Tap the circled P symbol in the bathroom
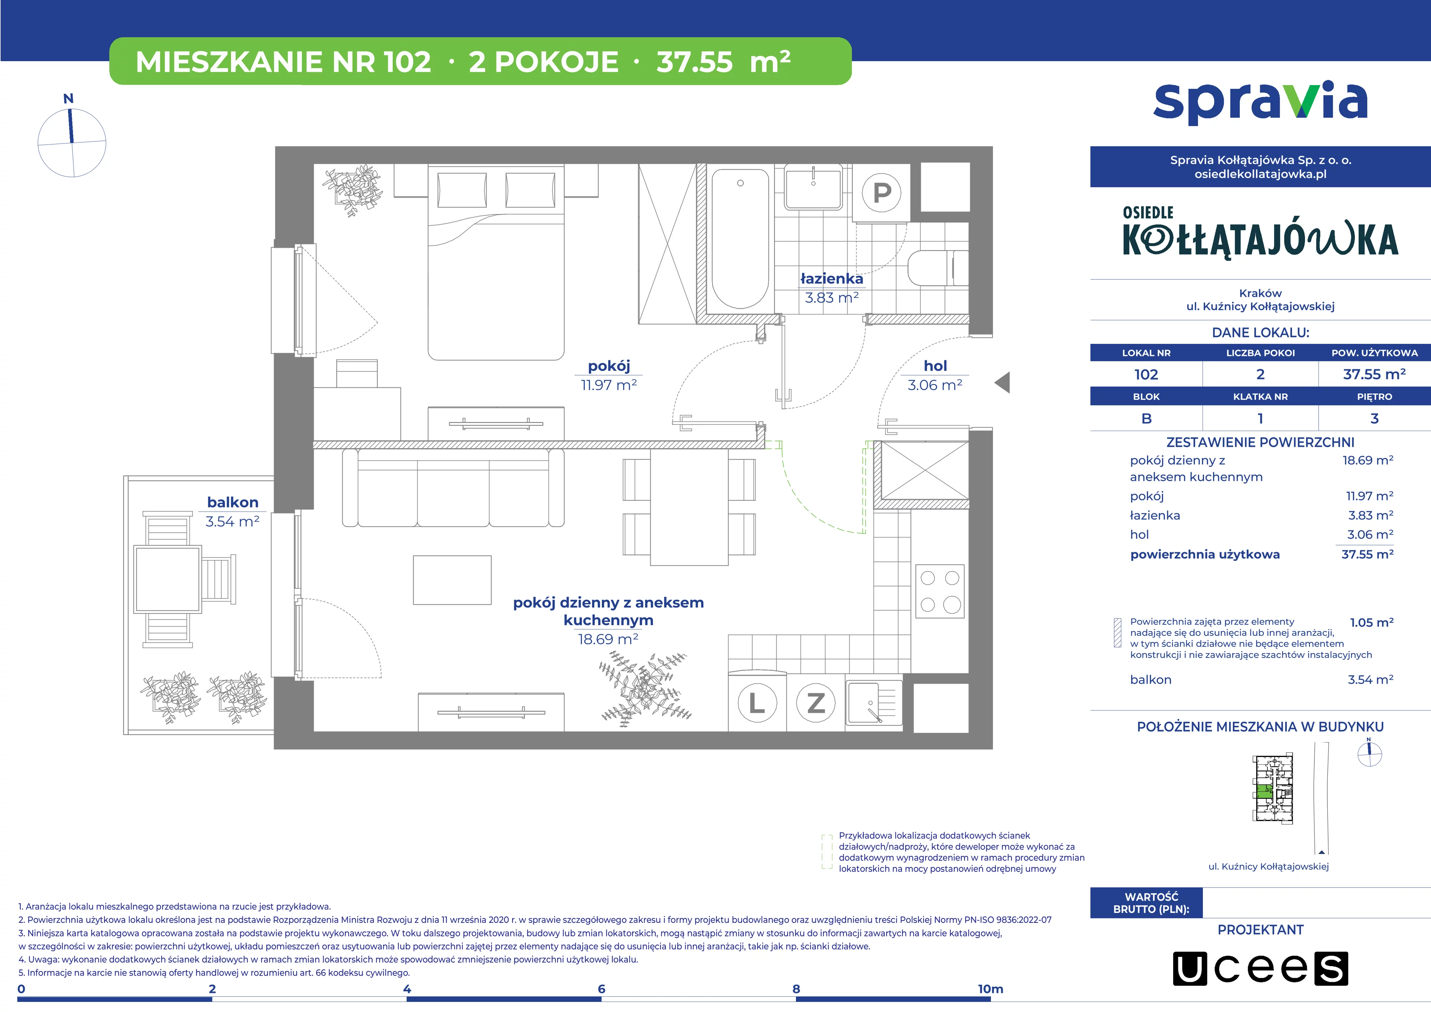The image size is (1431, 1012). (881, 193)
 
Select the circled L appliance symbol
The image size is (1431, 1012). (757, 703)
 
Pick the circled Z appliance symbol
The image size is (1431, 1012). (816, 703)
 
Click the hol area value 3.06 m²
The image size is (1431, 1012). (935, 385)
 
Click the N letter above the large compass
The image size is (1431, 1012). (69, 98)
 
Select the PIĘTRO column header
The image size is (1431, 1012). (1374, 397)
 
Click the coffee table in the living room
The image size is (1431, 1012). (452, 580)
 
